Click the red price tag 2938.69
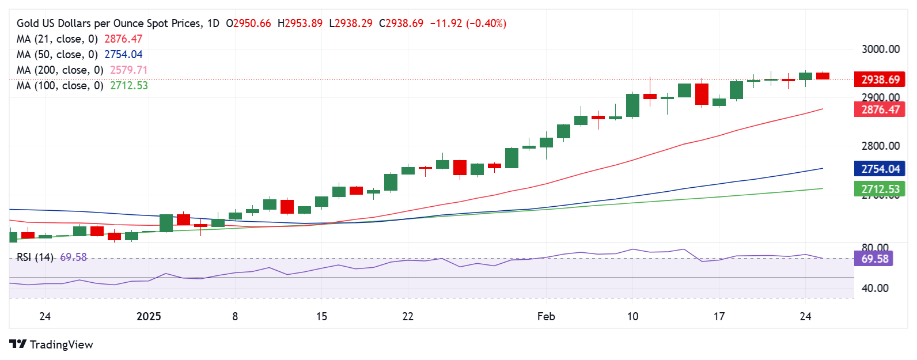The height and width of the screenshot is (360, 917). pos(879,79)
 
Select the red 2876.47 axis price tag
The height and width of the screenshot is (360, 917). pos(879,109)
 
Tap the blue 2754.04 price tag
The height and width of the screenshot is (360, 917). pos(879,169)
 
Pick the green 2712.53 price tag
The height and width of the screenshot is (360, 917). pos(879,189)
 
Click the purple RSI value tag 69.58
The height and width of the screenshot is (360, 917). pos(874,259)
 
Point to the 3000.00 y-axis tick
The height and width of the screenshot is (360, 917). pos(880,50)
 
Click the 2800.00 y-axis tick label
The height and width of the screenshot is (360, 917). pos(880,146)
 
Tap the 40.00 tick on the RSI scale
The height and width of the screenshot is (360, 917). pos(874,288)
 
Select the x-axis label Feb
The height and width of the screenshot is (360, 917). pos(545,316)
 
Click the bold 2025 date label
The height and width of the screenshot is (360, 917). pos(149,316)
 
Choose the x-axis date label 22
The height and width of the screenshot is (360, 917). pos(408,316)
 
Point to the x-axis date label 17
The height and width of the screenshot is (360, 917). pos(719,316)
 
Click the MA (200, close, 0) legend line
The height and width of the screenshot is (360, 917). pos(60,70)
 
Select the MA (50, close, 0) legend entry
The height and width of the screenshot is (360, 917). pos(57,54)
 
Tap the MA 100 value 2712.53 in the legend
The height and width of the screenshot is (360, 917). pos(129,85)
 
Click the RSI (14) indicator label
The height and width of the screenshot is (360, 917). pos(35,257)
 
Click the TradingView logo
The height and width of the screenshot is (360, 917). pos(51,344)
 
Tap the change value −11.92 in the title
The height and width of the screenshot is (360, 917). pos(446,24)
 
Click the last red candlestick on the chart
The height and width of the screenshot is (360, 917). pos(823,76)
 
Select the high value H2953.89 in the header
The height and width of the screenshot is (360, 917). pos(300,24)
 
